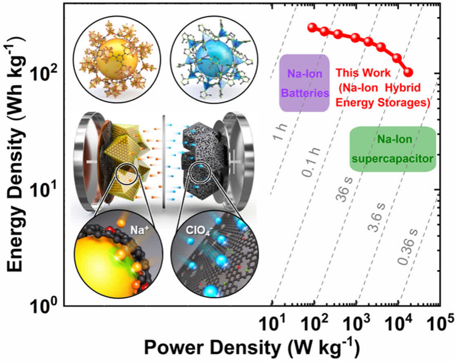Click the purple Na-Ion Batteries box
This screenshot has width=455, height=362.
click(x=304, y=83)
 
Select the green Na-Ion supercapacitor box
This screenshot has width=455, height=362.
click(x=393, y=149)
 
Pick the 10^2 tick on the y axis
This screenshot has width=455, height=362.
click(x=45, y=74)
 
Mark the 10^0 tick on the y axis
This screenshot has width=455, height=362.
click(x=45, y=306)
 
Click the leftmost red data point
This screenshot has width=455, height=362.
click(x=312, y=27)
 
